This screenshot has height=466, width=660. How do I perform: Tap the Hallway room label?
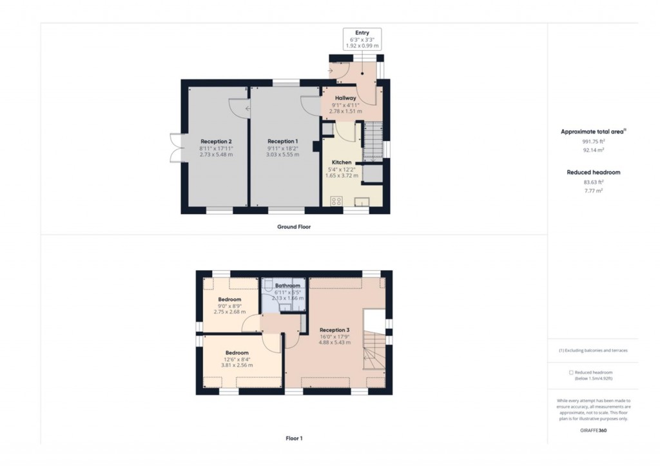(345, 98)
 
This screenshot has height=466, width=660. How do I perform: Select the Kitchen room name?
(342, 162)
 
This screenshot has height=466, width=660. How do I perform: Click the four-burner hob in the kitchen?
(336, 202)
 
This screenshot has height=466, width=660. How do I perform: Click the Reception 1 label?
(283, 141)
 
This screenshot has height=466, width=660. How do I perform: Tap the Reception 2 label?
(216, 141)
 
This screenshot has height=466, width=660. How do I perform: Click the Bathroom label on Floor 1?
(287, 286)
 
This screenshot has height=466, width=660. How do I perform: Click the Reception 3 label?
(334, 330)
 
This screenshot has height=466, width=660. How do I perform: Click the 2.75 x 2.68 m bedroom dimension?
(229, 312)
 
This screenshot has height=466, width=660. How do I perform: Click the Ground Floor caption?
(294, 227)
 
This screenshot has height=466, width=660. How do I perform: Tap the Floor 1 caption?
(294, 438)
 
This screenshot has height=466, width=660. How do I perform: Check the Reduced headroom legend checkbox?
(571, 373)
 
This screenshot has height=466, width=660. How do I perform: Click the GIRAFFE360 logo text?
(592, 430)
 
